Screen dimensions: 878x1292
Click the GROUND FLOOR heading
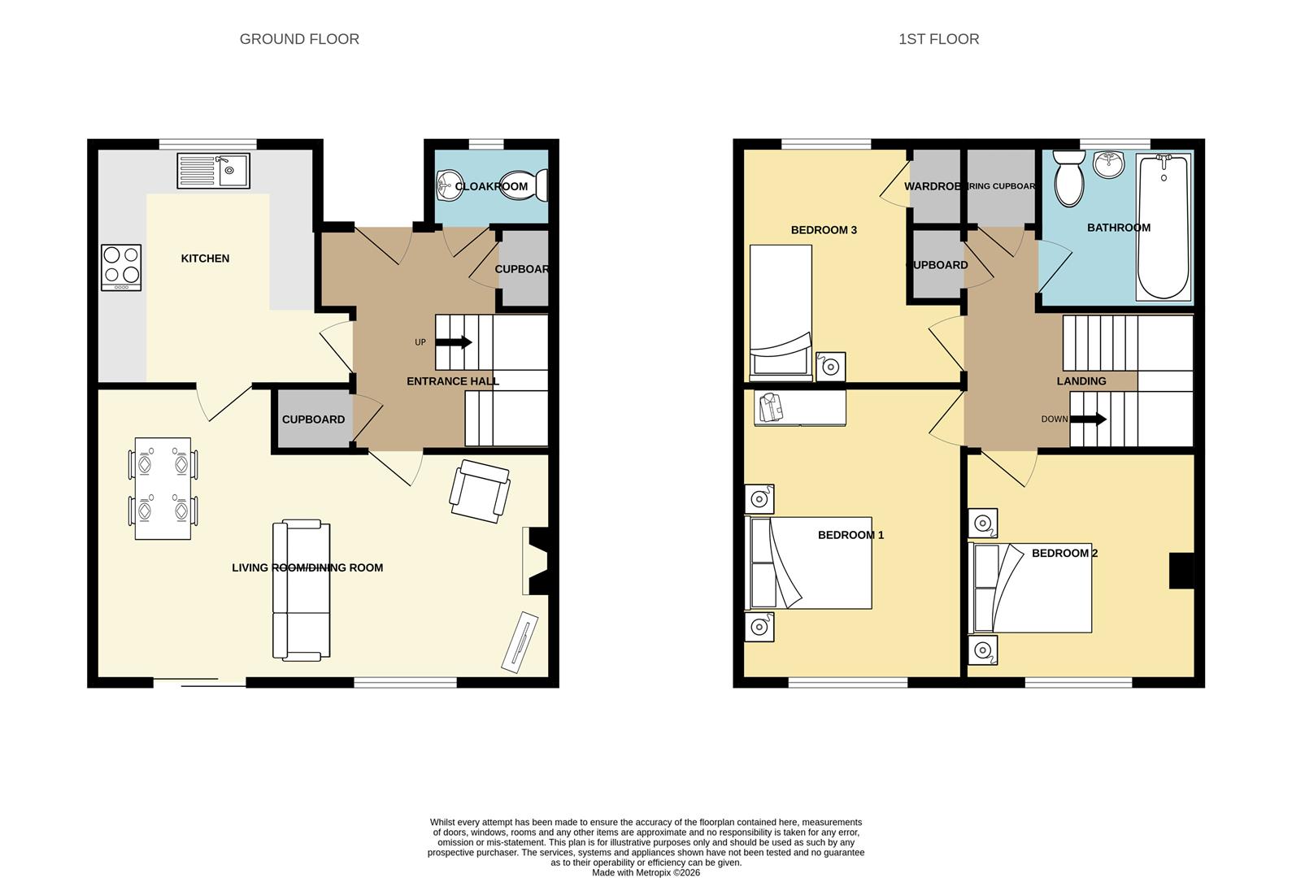click(299, 39)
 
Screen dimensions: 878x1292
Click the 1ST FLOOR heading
click(938, 39)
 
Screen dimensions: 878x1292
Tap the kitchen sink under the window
click(214, 171)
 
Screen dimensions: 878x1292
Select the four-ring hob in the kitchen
click(121, 267)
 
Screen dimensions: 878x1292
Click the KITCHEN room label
click(205, 259)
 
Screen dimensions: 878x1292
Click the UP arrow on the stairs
click(454, 342)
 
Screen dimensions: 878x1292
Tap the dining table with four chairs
click(163, 488)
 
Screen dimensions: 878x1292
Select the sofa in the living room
click(301, 590)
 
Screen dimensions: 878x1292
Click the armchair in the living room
click(481, 490)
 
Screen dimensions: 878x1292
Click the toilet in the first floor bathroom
click(1068, 180)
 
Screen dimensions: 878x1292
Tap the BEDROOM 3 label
click(824, 230)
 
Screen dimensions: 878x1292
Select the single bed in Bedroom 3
click(781, 313)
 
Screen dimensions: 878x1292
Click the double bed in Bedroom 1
click(810, 563)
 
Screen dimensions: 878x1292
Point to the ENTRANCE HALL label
click(453, 381)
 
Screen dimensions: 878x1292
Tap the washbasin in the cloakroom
click(446, 186)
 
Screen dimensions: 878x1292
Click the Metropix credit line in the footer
click(646, 872)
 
